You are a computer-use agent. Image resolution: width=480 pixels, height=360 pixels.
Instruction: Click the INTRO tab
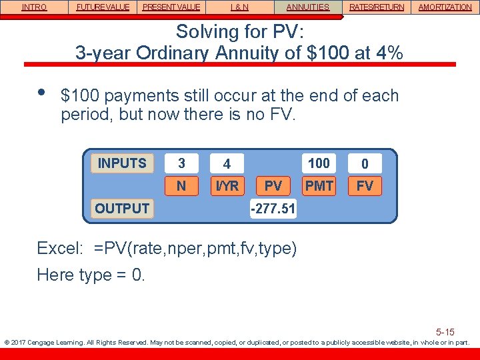point(34,7)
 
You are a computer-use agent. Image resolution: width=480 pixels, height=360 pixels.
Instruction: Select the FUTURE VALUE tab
point(103,7)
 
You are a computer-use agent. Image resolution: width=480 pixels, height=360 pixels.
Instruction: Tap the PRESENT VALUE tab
point(171,7)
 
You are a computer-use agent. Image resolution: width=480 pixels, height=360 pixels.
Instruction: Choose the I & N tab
point(240,7)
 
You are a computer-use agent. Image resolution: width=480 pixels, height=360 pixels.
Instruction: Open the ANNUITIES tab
point(307,7)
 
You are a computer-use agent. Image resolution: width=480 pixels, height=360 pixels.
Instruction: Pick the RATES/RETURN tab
point(376,7)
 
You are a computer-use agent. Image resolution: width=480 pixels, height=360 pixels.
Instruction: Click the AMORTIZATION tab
point(445,7)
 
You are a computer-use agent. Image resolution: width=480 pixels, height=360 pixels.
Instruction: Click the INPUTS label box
point(122,163)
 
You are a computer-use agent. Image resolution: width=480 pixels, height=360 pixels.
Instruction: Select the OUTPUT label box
point(122,208)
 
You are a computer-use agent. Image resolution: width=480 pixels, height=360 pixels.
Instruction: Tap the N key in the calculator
point(181,186)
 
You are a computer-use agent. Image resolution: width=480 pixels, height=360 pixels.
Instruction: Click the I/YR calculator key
point(227,186)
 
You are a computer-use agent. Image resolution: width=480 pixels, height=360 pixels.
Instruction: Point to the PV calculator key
point(273,186)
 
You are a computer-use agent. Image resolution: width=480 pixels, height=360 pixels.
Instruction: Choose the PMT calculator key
point(319,186)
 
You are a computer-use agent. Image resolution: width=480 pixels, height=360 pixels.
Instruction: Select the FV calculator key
point(365,186)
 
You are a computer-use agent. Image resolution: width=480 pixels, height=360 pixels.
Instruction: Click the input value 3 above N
point(181,163)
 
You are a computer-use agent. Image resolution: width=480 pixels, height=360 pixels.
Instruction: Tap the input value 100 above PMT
point(319,163)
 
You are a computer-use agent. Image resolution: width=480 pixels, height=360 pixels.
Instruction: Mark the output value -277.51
point(273,209)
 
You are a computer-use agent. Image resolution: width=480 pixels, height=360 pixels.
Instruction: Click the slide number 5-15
point(445,332)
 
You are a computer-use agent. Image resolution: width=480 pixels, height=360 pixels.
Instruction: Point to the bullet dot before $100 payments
point(42,92)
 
